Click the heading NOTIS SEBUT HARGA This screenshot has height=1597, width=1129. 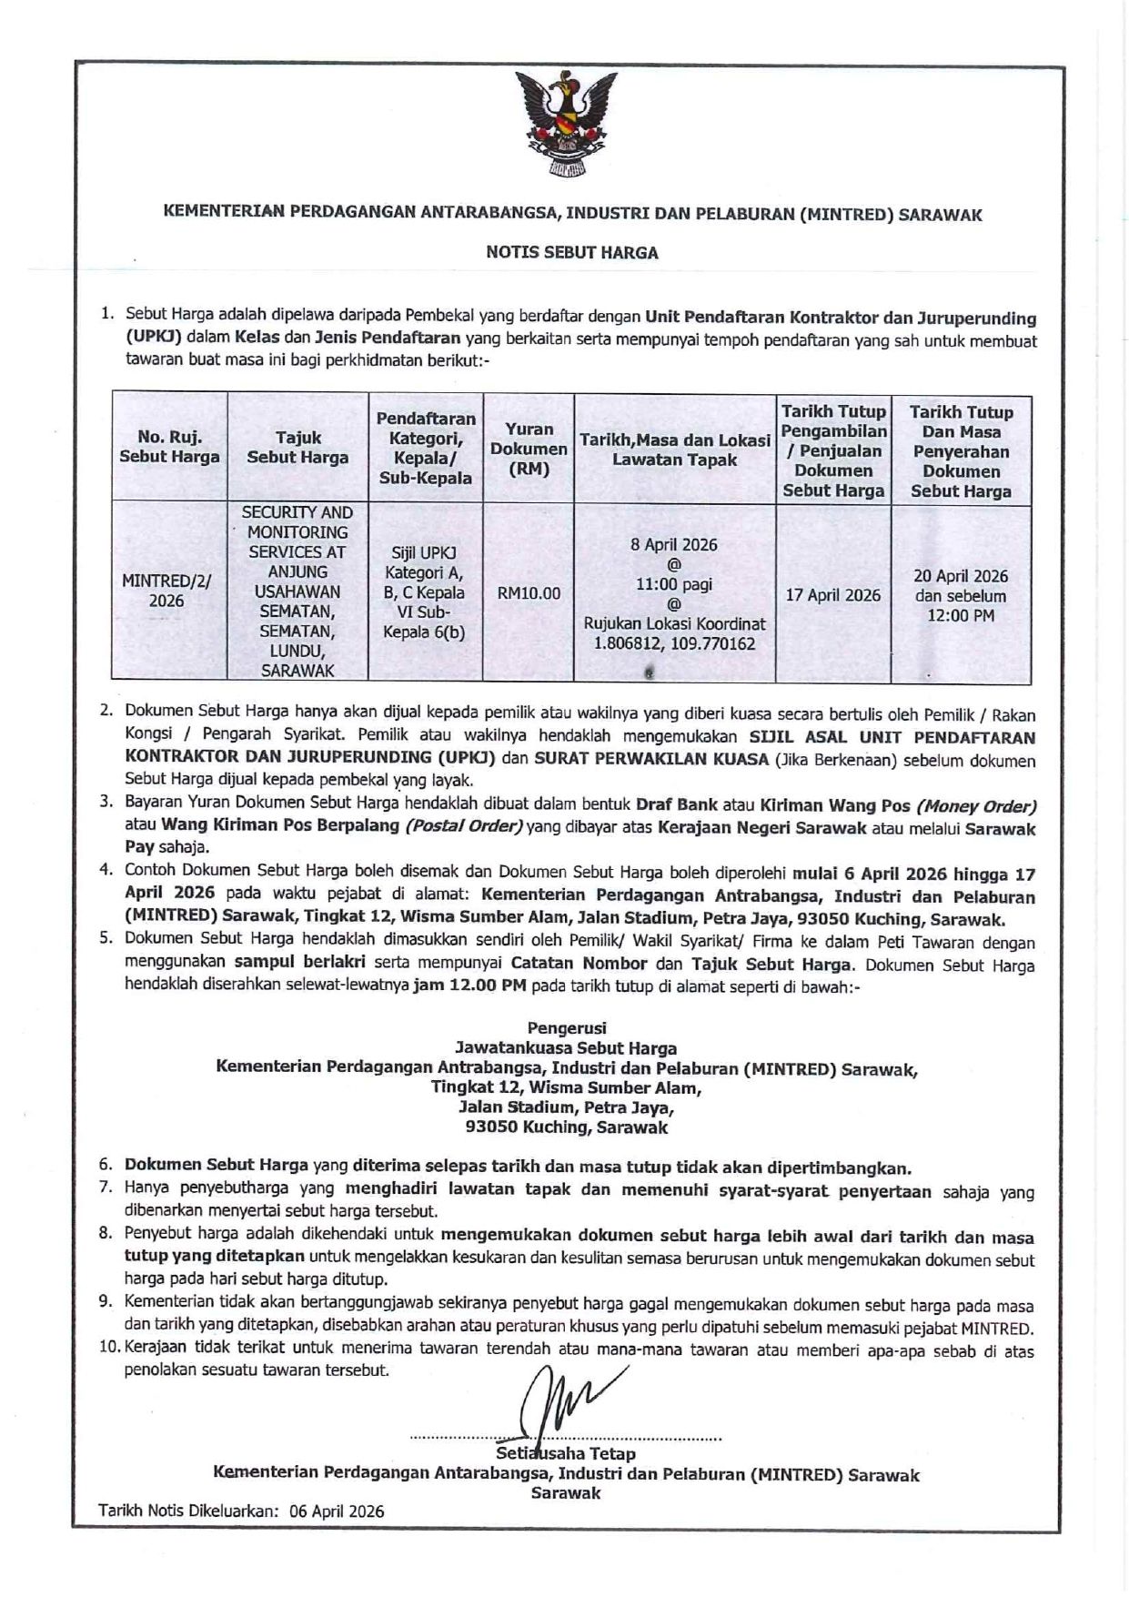(x=571, y=253)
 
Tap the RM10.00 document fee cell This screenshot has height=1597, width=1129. (x=529, y=593)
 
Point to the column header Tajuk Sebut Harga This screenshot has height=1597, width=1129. (x=297, y=448)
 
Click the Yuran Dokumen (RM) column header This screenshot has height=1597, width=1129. (x=529, y=449)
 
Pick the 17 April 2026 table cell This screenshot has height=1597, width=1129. (x=833, y=595)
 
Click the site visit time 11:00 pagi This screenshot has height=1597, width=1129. (x=673, y=584)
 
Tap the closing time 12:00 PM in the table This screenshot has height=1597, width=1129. (x=961, y=616)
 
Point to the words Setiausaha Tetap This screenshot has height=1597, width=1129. (x=566, y=1453)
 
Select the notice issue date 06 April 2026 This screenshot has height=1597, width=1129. (x=337, y=1511)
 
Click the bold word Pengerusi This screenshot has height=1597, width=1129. (x=566, y=1028)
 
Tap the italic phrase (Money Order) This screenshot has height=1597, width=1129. (x=977, y=806)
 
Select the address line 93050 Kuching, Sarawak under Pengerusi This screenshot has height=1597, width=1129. (x=566, y=1127)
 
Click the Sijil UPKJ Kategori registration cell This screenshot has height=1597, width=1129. (x=424, y=591)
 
